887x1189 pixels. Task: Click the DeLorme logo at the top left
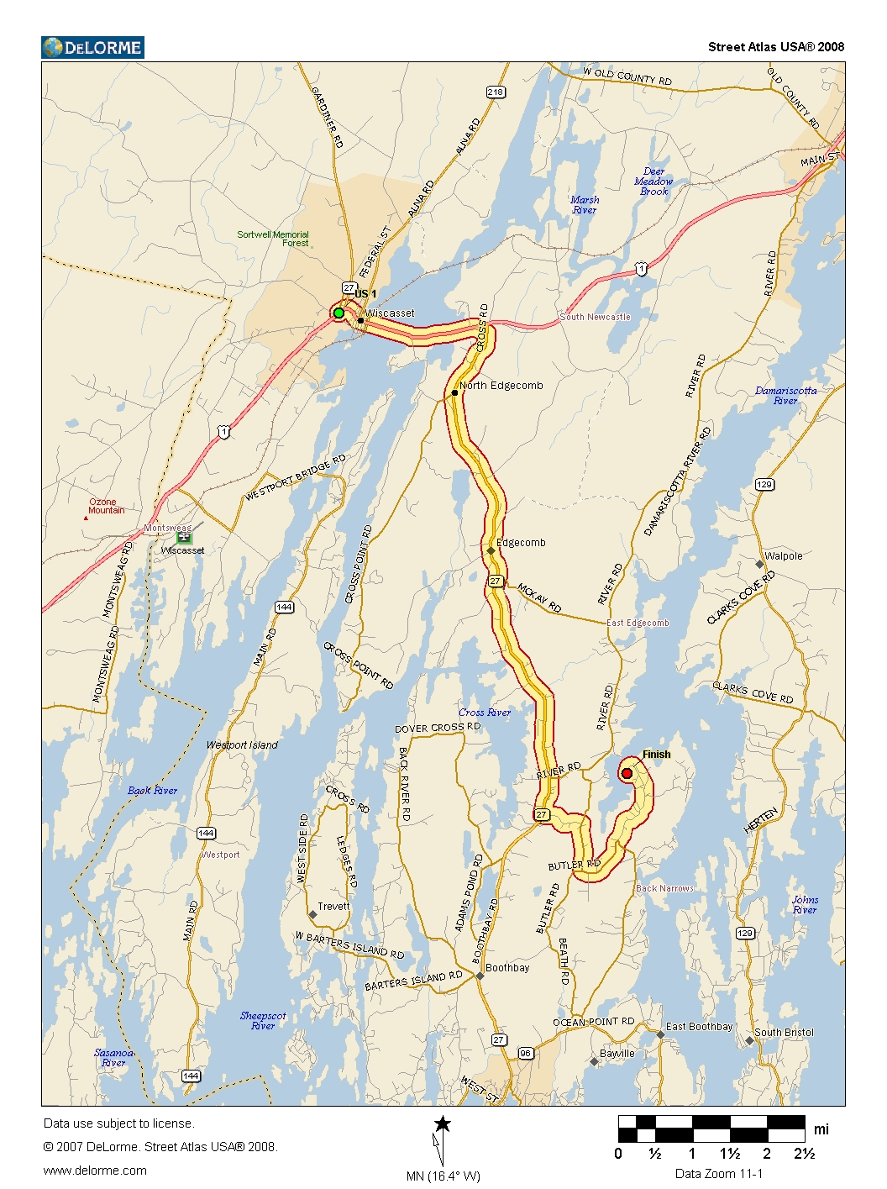coord(92,48)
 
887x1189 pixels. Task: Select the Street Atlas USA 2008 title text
coord(775,47)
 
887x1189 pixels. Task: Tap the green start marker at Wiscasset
coord(339,313)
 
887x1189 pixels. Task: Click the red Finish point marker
coord(627,773)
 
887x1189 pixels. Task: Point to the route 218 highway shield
coord(496,92)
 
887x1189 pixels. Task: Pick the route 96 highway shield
coord(526,1053)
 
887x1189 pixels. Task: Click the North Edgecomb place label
coord(501,386)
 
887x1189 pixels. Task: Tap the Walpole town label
coord(783,556)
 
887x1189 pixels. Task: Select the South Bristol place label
coord(783,1033)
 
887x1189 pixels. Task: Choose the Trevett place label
coord(333,907)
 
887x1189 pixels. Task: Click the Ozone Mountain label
coord(106,506)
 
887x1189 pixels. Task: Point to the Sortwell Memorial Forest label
coord(273,239)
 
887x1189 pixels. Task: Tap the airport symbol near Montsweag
coord(184,536)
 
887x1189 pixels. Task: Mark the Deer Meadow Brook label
coord(653,182)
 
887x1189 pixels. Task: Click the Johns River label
coord(804,904)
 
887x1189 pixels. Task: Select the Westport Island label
coord(242,745)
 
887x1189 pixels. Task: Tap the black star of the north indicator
coord(443,1124)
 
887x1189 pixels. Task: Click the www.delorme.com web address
coord(95,1171)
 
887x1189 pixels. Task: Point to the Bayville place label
coord(617,1054)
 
